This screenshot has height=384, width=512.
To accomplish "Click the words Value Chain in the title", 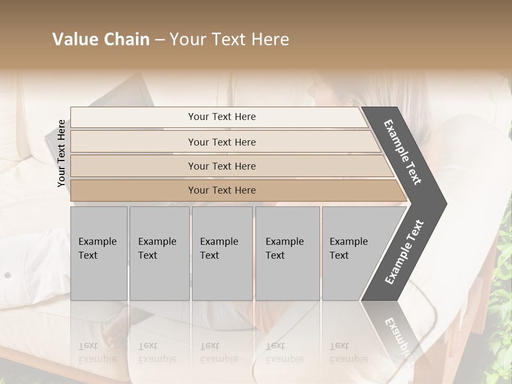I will tap(101, 39).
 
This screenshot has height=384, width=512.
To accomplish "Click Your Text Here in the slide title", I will tap(229, 39).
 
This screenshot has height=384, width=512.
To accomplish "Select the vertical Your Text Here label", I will tap(61, 153).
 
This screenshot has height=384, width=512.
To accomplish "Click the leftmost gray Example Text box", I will tap(99, 253).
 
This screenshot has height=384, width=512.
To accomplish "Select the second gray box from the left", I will tap(159, 253).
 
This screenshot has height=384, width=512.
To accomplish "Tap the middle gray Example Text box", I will tap(222, 253).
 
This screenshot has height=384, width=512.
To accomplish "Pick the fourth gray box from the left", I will tap(287, 253).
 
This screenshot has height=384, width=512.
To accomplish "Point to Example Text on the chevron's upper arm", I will tap(403, 152).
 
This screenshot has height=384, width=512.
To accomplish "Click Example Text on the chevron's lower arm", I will tap(404, 252).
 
